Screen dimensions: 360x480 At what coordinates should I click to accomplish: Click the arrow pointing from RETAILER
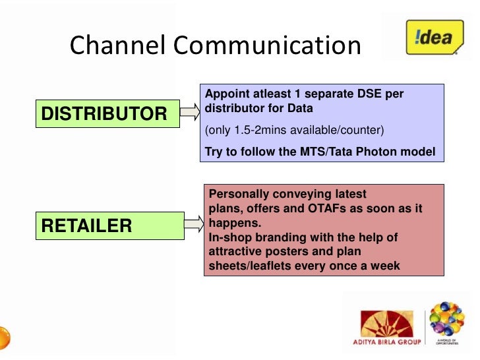[x=193, y=225]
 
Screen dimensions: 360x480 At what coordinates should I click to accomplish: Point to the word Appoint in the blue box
[x=225, y=94]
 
